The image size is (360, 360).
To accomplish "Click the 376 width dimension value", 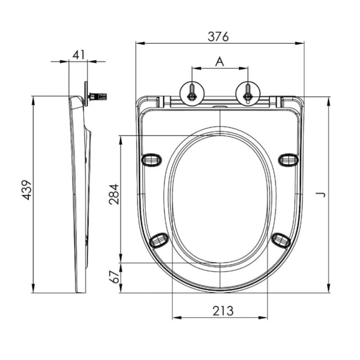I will [x=218, y=36].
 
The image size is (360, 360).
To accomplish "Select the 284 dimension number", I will [x=114, y=194].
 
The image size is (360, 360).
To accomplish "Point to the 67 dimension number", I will [x=114, y=277].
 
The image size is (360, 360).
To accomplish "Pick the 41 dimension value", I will [x=78, y=54].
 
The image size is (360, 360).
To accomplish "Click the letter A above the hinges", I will [x=219, y=61].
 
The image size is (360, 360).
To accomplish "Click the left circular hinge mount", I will [x=192, y=92].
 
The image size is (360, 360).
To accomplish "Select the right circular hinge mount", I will [x=248, y=92].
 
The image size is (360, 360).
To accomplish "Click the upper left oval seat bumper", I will [x=152, y=159].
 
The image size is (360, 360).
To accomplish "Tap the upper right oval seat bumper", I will [x=288, y=159].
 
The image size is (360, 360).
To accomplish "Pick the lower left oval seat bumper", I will [x=159, y=240].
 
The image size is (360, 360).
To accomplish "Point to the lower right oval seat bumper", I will [x=281, y=240].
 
